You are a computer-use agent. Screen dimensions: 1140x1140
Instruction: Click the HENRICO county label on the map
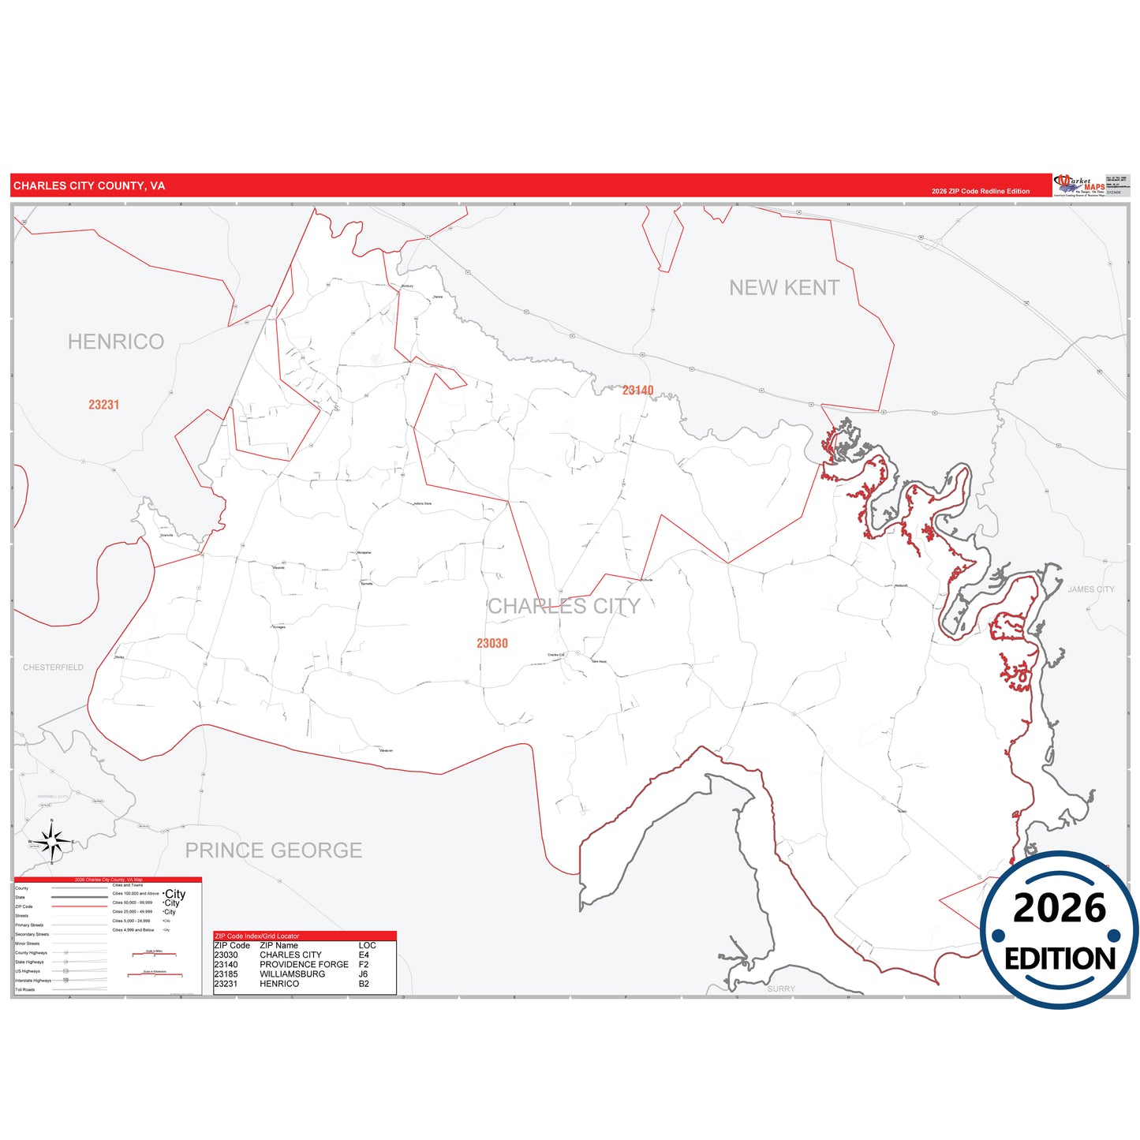coord(116,342)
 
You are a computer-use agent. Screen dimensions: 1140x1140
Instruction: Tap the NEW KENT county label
coord(784,288)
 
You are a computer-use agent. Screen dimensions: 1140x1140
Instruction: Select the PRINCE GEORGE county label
coord(274,850)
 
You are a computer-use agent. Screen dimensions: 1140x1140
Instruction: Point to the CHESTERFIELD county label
coord(53,667)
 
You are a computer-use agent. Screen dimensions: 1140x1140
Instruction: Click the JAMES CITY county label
coord(1091,589)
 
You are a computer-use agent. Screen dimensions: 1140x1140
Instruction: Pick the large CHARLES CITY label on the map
coord(563,606)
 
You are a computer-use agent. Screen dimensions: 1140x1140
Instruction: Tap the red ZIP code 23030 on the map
coord(492,644)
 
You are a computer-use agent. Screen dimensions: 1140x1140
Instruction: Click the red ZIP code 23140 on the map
coord(637,391)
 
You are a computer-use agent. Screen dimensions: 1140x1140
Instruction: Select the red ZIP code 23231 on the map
coord(104,405)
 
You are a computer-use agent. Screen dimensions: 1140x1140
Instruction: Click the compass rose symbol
coord(52,842)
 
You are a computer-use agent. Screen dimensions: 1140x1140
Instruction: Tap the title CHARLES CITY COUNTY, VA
coord(89,186)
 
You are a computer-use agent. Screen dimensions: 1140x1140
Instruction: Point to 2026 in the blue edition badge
coord(1060,909)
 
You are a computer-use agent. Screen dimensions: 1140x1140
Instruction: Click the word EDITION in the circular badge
coord(1060,959)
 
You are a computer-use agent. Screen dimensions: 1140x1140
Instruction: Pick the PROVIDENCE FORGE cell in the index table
coord(304,965)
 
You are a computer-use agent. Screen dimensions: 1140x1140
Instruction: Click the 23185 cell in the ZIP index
coord(226,974)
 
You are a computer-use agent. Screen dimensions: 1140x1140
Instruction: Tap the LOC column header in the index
coord(367,945)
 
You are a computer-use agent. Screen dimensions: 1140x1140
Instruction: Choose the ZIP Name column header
coord(278,945)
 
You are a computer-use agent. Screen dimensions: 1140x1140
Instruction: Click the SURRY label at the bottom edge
coord(781,989)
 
